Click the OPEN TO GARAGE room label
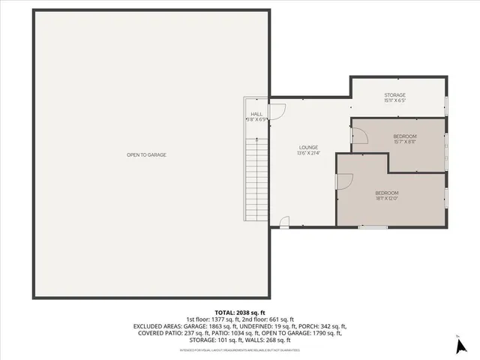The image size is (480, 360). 146,154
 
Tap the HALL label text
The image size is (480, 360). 256,114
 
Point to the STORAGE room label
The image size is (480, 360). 395,95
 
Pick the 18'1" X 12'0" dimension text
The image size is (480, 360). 386,199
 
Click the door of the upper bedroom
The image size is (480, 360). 358,135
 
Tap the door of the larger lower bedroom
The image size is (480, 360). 345,181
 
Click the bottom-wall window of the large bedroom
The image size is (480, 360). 367,226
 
